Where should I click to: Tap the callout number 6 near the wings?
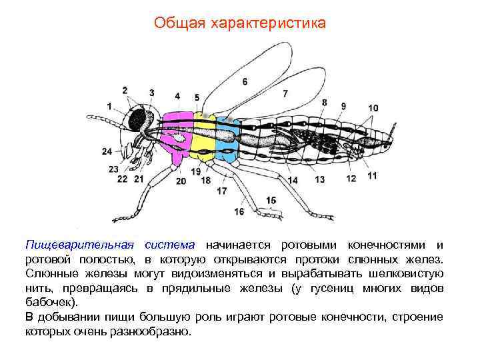tap(245, 81)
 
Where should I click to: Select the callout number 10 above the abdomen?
tap(372, 108)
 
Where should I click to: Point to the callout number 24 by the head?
tap(107, 152)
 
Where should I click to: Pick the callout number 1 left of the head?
tap(109, 105)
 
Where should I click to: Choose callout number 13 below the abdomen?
tap(319, 179)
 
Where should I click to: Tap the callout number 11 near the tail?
tap(371, 175)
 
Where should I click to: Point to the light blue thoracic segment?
tap(227, 140)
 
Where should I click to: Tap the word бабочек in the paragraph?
tap(47, 302)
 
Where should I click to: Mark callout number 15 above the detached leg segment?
tap(271, 200)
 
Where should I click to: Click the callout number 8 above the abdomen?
tap(324, 103)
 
